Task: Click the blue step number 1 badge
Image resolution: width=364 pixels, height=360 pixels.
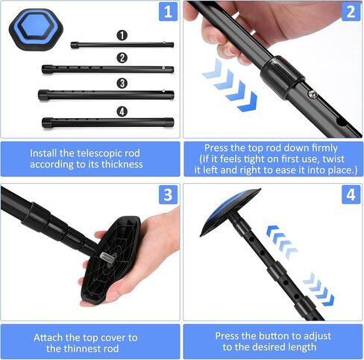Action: click(168, 11)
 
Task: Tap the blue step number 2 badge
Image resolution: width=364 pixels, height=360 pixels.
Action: click(351, 11)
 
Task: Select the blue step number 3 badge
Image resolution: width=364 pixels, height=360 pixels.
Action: click(168, 195)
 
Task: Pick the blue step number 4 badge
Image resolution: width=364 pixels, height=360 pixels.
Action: click(351, 195)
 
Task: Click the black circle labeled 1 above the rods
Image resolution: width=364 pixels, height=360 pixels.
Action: click(122, 35)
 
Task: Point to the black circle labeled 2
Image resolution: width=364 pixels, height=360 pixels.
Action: click(122, 58)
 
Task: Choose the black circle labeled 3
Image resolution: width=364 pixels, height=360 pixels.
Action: click(122, 83)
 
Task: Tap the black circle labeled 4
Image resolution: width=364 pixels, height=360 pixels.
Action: click(122, 111)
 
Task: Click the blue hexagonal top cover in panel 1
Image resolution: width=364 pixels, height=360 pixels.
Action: click(36, 30)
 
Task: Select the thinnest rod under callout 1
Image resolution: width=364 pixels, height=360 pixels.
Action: click(122, 45)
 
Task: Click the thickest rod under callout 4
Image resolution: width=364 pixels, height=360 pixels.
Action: click(107, 122)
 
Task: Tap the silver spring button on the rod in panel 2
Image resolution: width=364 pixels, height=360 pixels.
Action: click(313, 94)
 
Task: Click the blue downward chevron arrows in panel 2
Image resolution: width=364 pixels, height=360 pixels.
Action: click(230, 86)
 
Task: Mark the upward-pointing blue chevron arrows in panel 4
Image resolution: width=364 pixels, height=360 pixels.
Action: click(282, 242)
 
